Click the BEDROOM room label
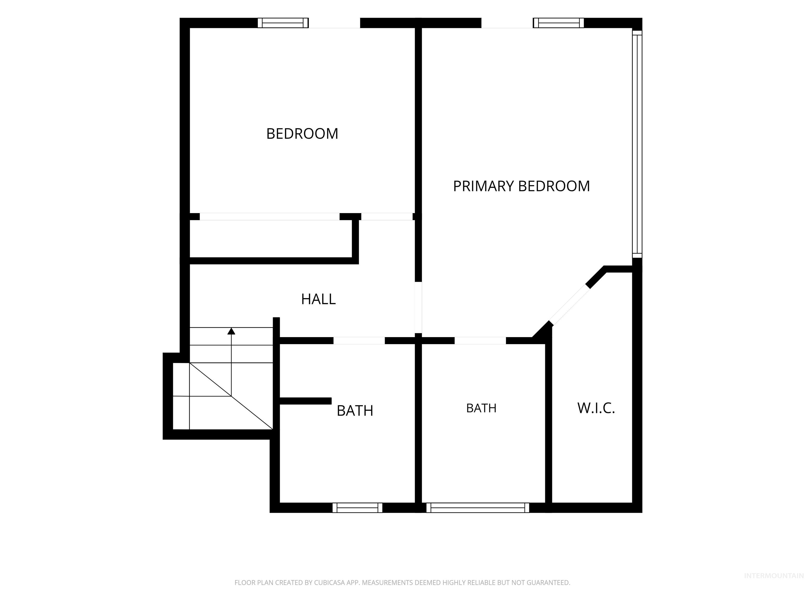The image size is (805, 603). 302,134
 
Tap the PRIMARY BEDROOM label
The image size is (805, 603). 521,186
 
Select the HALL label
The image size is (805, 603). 318,299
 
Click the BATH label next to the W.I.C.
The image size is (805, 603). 481,408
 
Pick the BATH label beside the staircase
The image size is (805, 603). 355,411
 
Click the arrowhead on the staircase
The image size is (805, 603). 231,331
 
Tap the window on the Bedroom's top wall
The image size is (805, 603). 283,23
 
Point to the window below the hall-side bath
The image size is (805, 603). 357,508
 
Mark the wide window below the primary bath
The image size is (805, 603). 477,508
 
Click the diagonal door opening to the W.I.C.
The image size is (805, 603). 569,304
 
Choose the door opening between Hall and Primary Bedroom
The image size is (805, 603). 418,308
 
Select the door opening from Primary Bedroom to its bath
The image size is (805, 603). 480,340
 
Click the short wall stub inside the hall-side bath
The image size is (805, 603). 305,401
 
